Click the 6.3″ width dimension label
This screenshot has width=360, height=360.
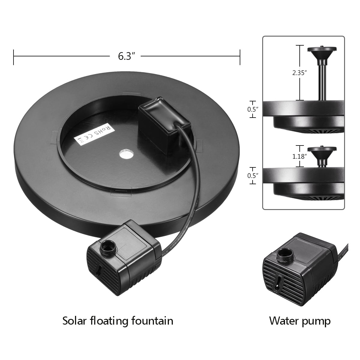click(x=125, y=56)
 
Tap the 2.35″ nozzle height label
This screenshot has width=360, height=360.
click(x=299, y=73)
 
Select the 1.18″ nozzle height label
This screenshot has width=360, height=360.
click(x=299, y=156)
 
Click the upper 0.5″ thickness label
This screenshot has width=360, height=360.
click(x=253, y=109)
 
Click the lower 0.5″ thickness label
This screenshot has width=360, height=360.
click(x=253, y=175)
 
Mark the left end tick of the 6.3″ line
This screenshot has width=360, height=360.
click(x=14, y=56)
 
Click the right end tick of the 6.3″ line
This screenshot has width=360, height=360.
click(x=240, y=56)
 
